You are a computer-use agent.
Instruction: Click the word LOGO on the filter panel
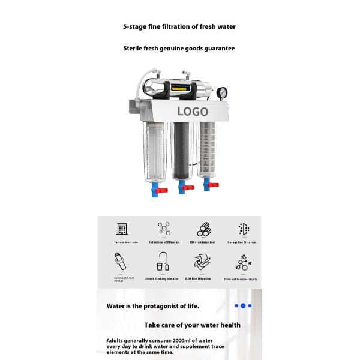[193, 112]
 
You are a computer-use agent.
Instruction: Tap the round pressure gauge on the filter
[223, 94]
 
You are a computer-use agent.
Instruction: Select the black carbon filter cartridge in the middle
[181, 150]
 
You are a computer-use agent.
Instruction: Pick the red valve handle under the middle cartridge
[188, 187]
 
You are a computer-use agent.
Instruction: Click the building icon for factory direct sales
[122, 229]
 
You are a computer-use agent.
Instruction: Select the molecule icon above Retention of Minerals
[164, 229]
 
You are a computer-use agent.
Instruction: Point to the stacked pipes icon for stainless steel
[203, 229]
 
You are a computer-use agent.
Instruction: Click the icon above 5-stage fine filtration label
[243, 229]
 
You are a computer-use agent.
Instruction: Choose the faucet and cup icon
[163, 262]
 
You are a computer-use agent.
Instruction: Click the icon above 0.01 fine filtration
[202, 262]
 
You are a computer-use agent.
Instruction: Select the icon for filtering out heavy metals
[243, 263]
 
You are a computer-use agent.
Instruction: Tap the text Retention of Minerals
[164, 242]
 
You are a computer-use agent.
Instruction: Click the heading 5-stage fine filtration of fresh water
[179, 26]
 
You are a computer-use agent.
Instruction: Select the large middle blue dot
[243, 306]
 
